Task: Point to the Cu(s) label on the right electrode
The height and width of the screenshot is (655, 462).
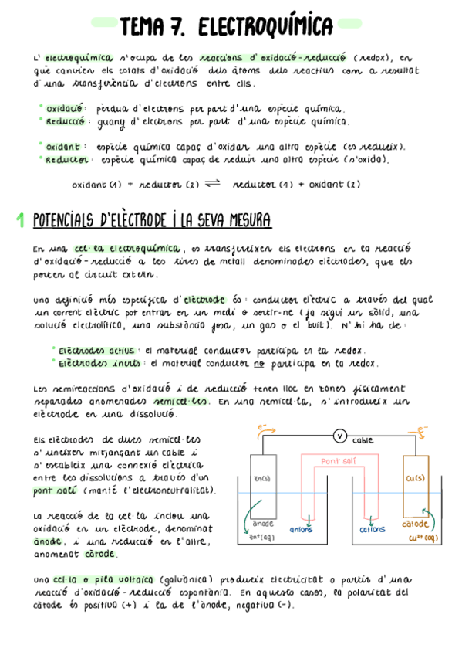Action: tap(415, 478)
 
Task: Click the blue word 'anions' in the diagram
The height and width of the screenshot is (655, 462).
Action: tap(301, 529)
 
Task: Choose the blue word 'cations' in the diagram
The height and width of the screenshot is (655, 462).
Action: tap(373, 529)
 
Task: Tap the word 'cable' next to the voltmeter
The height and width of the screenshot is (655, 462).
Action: tap(363, 440)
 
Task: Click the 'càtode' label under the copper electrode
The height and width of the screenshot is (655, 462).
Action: tap(415, 524)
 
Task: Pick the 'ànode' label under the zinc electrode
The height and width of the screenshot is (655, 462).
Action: tap(264, 524)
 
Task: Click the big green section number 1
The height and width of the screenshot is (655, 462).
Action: tap(21, 222)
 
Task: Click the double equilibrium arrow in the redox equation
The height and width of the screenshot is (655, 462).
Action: tap(214, 184)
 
